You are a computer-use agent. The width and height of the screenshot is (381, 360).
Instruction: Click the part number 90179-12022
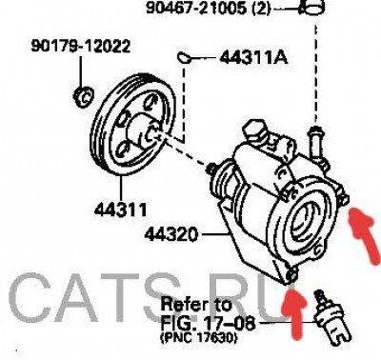coord(81,47)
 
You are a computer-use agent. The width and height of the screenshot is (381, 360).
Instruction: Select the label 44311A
coord(253,58)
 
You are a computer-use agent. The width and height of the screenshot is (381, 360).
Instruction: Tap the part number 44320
coord(171,234)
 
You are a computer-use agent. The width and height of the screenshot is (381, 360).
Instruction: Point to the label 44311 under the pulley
coord(121,210)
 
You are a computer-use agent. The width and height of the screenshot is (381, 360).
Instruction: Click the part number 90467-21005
coord(196,8)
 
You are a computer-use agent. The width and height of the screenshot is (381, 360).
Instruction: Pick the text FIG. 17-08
coord(208,324)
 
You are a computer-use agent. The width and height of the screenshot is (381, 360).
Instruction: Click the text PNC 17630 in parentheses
coord(199,338)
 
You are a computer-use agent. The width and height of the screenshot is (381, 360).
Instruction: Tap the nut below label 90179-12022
coord(83,96)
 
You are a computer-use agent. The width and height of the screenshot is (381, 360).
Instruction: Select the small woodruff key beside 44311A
coord(184,57)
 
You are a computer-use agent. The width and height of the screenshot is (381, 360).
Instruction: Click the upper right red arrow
coord(366,231)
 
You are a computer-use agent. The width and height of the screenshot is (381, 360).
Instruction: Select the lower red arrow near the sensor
coord(293,310)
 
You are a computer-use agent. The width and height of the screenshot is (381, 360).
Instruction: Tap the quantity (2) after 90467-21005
coord(261,9)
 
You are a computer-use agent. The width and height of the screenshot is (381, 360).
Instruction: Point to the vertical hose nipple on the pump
coord(315,142)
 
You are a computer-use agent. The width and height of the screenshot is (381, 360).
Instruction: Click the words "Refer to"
coord(196,305)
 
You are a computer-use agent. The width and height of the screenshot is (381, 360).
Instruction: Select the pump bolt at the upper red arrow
coord(343,199)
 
